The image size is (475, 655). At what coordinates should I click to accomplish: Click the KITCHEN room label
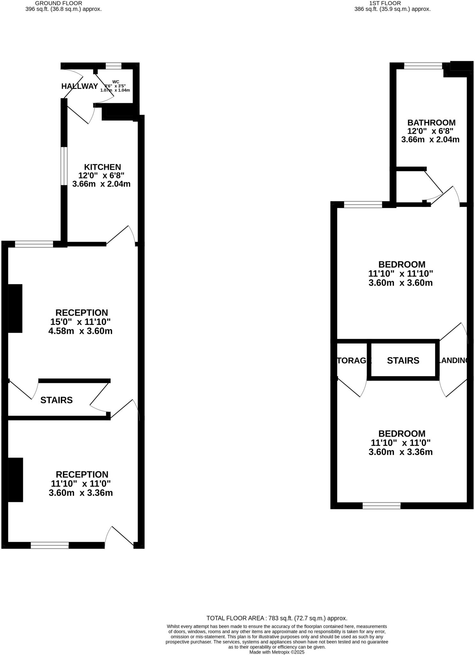click(x=102, y=167)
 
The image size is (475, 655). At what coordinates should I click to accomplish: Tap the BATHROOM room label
click(x=431, y=122)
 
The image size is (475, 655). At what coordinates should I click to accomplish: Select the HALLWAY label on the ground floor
click(x=80, y=86)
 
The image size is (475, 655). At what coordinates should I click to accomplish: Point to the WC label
click(x=116, y=82)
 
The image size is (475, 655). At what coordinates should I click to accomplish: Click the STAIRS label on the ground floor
click(x=57, y=400)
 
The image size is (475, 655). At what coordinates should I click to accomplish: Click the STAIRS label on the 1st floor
click(x=403, y=360)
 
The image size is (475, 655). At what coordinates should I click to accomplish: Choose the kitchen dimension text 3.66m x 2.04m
click(x=101, y=184)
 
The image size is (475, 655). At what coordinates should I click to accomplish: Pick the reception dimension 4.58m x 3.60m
click(x=80, y=331)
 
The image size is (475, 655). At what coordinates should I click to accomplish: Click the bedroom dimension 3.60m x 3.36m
click(x=401, y=452)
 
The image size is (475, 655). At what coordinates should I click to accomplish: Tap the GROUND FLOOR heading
click(x=58, y=3)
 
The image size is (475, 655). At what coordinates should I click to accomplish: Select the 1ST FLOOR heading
click(x=385, y=3)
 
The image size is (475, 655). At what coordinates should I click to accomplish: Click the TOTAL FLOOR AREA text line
click(x=277, y=618)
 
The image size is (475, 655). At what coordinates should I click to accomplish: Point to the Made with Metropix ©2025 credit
click(x=277, y=652)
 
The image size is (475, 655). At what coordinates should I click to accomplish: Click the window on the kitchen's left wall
click(x=64, y=166)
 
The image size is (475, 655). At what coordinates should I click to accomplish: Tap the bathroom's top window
click(x=423, y=66)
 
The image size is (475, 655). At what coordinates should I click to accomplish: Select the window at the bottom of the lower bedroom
click(x=381, y=505)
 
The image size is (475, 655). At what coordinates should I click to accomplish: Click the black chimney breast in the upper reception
click(x=15, y=308)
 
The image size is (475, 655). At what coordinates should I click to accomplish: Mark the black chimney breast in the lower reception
click(x=15, y=480)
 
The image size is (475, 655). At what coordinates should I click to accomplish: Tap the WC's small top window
click(x=113, y=66)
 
